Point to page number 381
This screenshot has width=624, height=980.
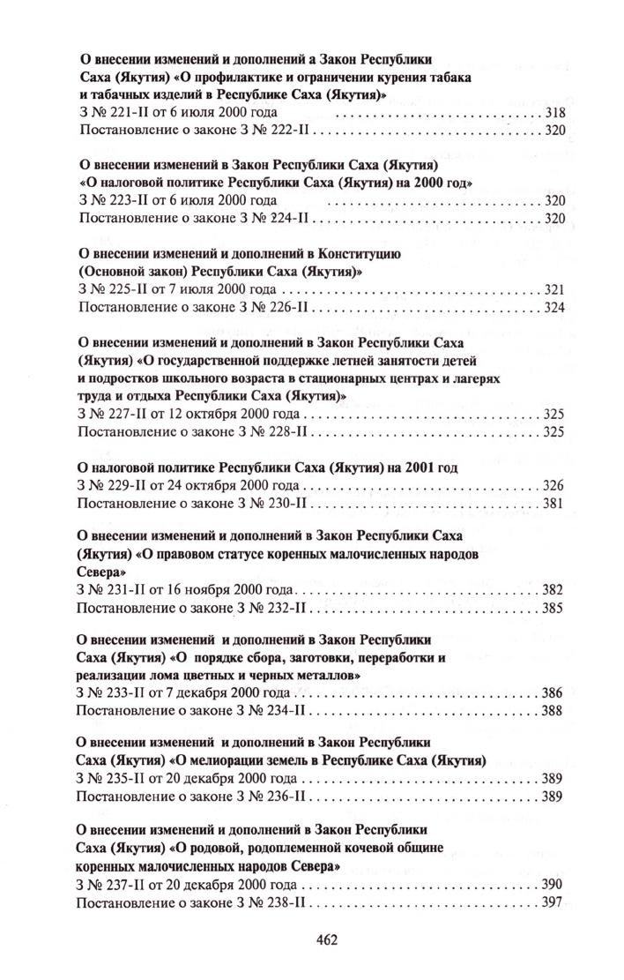tap(553, 504)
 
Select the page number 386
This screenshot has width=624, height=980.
tap(553, 692)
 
